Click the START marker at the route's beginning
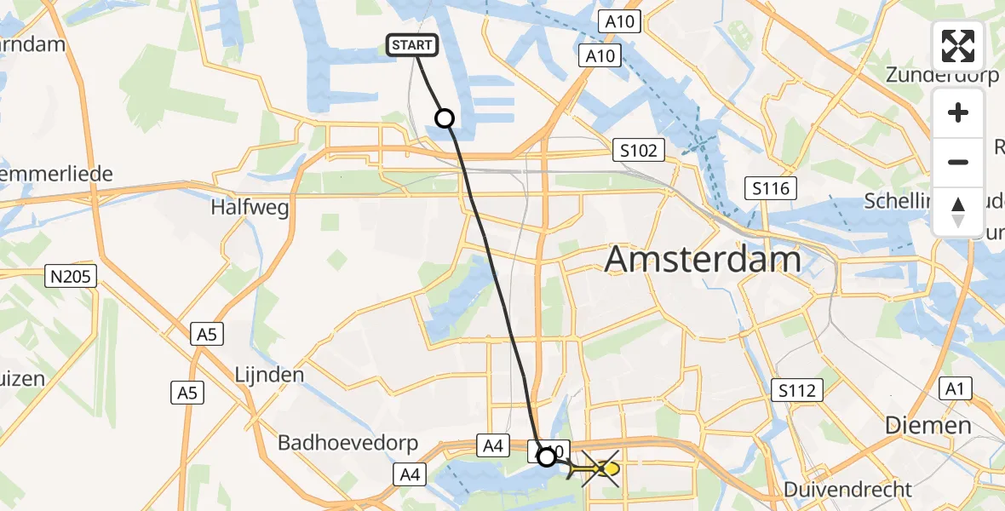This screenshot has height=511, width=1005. point(413,45)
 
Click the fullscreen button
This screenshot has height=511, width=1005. point(958,45)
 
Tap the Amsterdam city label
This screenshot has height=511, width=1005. point(703,260)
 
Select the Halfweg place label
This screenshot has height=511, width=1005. point(250,207)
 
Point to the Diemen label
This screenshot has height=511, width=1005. point(927,425)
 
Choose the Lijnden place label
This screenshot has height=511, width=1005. point(269,375)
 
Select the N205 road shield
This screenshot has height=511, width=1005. point(72,275)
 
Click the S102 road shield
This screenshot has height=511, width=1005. point(639,151)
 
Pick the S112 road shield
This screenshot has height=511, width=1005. point(797,391)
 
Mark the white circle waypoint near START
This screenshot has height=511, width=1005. point(445,118)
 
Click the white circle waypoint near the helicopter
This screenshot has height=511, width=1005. point(546,457)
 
